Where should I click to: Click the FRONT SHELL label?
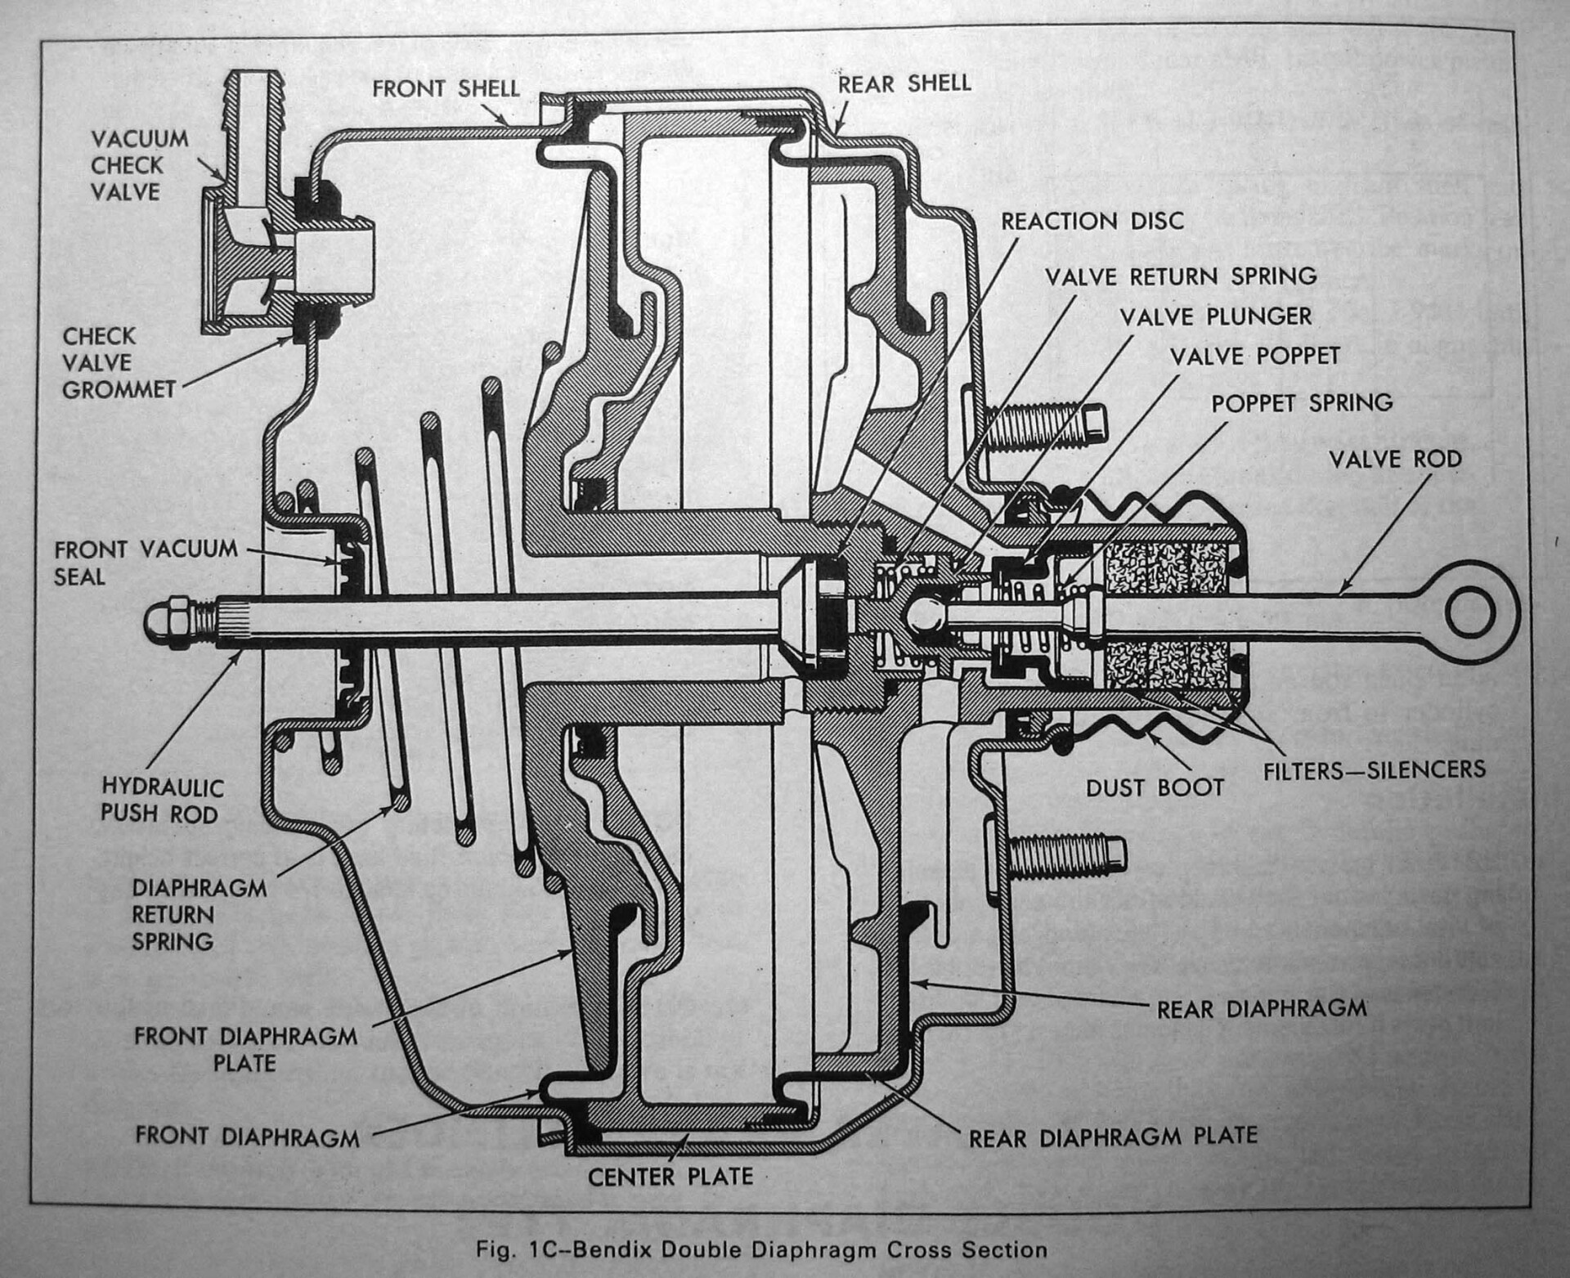(446, 88)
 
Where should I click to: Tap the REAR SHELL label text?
(904, 83)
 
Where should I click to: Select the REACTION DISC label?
(1092, 221)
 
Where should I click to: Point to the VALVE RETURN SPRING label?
(1181, 276)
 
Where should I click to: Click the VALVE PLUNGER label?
(1215, 316)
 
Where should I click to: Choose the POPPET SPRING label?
(1302, 403)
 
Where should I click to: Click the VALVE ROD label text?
(1395, 459)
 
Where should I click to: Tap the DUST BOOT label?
(1155, 787)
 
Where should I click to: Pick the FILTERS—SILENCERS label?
(1374, 769)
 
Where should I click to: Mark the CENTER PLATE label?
(670, 1177)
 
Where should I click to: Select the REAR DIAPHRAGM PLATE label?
(1113, 1137)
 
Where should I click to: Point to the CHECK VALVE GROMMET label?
(118, 363)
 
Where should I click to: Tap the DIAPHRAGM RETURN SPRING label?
(199, 914)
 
